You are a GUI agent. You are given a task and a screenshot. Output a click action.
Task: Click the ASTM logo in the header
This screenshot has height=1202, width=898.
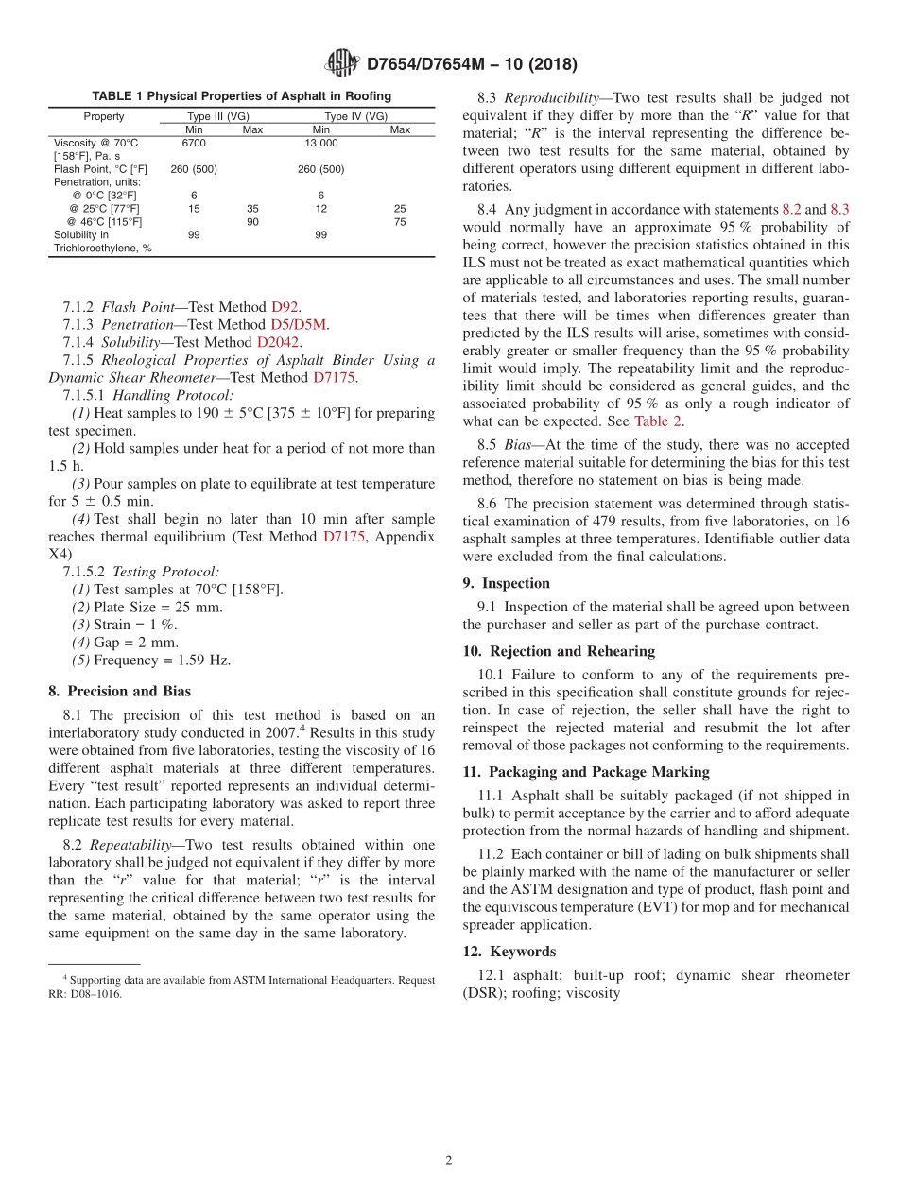(341, 63)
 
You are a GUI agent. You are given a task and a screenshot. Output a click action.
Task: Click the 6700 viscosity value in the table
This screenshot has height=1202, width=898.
(194, 143)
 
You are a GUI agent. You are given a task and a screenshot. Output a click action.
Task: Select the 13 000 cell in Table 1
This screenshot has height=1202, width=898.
(320, 143)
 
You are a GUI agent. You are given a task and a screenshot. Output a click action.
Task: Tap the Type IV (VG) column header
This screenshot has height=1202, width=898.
(356, 116)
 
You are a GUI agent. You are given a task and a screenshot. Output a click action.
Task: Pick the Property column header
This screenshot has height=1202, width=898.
(104, 116)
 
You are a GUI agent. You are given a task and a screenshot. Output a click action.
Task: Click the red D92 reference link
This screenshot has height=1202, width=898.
(285, 307)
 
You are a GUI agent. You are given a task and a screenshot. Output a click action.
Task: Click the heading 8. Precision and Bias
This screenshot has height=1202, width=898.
(119, 691)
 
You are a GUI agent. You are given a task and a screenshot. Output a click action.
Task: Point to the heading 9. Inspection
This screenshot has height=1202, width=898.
(506, 583)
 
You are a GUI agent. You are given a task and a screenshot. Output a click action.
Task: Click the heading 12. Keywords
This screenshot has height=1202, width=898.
(509, 951)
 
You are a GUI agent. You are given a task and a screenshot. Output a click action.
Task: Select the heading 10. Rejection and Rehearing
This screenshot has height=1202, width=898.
(559, 651)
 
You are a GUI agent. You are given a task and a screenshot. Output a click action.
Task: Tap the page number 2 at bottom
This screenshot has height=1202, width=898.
(449, 1160)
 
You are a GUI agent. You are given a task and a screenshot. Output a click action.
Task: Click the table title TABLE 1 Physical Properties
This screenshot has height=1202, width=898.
(241, 96)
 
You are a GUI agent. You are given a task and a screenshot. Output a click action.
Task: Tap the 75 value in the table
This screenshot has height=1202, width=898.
(400, 222)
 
